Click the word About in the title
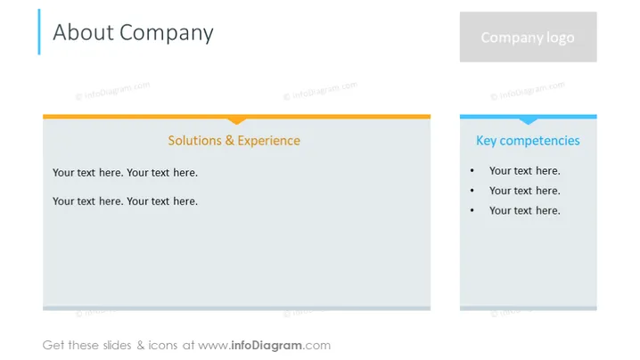[x=83, y=32]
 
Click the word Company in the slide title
[x=167, y=34]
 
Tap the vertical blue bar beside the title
[x=39, y=32]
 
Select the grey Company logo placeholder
[x=529, y=37]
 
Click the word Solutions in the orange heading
[x=194, y=141]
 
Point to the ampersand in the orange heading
[x=230, y=141]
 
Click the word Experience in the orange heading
[x=269, y=141]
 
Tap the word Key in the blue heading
[x=486, y=141]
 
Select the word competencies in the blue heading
[x=539, y=141]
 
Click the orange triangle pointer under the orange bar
[x=237, y=121]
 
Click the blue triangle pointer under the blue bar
[x=529, y=121]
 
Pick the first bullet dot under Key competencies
[x=472, y=170]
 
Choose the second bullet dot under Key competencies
[x=472, y=191]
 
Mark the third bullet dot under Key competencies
[x=472, y=210]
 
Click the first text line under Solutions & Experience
[x=125, y=173]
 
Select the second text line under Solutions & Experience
[x=125, y=201]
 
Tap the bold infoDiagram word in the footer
[x=267, y=346]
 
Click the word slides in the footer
[x=117, y=346]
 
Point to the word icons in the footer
[x=163, y=346]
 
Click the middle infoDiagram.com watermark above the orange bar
[x=320, y=91]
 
